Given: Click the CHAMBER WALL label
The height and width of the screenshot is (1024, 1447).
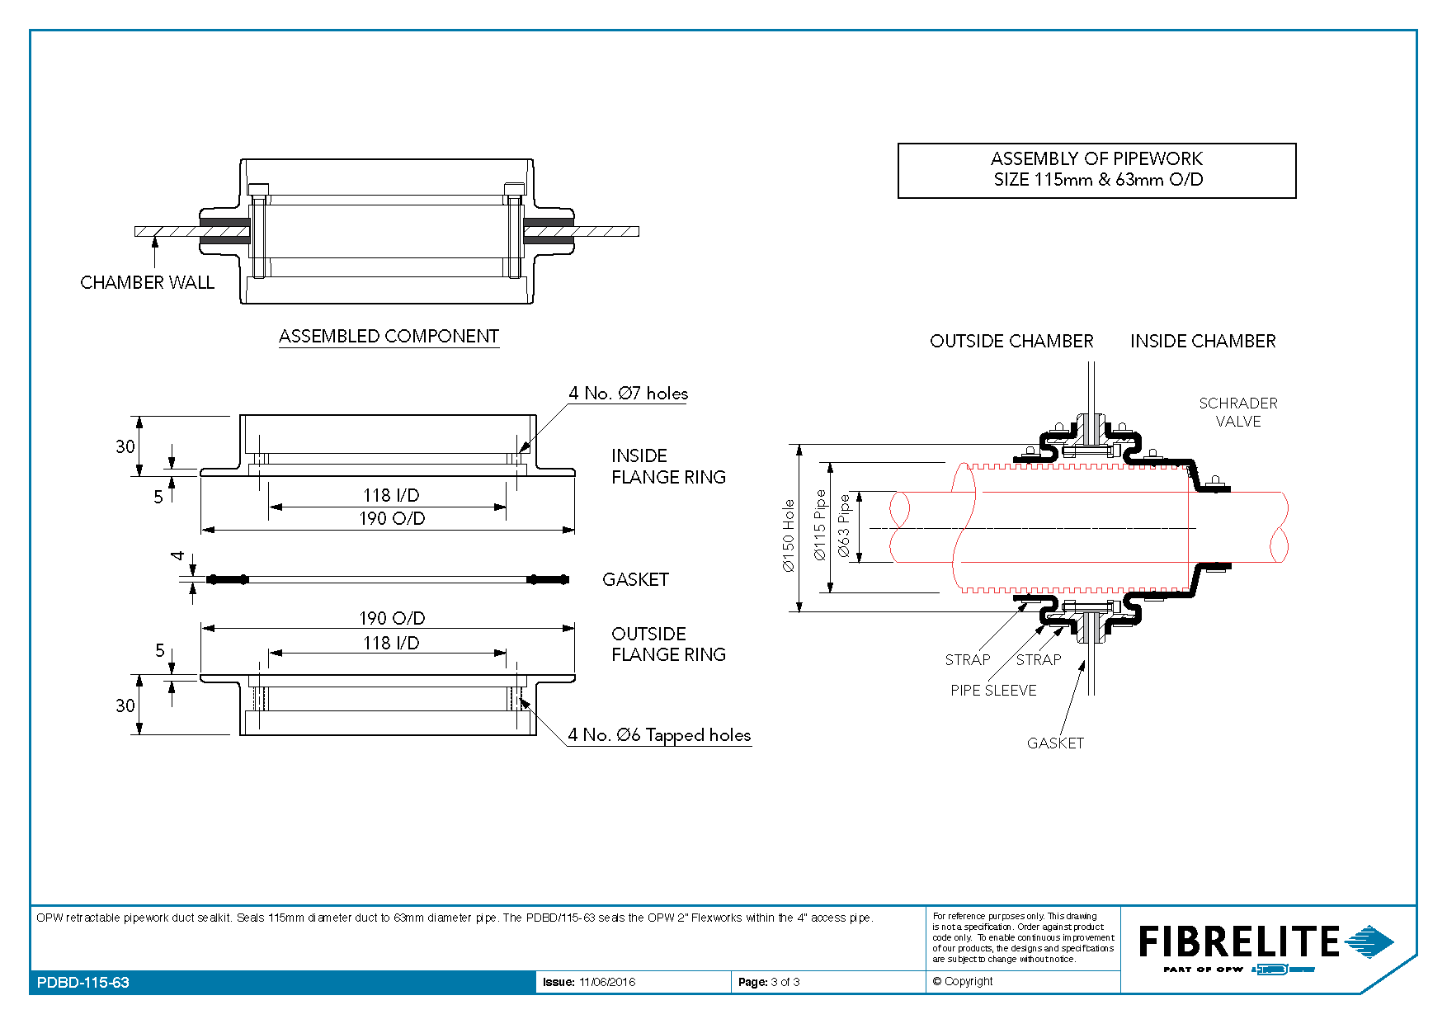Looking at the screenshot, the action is [147, 282].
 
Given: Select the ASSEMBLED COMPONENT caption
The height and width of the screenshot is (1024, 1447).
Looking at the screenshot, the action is [389, 336].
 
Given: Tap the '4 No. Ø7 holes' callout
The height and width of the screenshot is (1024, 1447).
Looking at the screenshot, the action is [628, 394].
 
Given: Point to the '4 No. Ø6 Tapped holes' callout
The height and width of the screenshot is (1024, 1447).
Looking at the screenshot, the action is [659, 735].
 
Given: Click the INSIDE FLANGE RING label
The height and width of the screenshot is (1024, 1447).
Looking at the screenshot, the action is [668, 466].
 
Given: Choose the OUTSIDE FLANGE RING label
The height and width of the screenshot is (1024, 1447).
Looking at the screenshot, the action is [668, 644].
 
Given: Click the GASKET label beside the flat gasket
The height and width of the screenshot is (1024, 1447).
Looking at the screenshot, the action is [635, 579].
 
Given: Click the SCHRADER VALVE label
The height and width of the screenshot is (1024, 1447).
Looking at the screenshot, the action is [1238, 412].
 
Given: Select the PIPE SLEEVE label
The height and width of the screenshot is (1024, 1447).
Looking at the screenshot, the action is [993, 691].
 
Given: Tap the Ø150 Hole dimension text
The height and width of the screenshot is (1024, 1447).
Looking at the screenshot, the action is [789, 536].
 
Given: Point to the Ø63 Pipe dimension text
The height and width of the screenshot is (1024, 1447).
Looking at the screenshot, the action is [844, 526].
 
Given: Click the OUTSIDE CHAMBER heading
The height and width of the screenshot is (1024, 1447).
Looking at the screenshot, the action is [1011, 341].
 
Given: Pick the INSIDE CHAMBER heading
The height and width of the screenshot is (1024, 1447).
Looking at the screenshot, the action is [1203, 341].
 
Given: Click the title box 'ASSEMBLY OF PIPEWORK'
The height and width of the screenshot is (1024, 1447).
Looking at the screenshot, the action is [1097, 171].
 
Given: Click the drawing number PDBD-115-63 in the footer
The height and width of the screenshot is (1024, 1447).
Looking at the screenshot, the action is [83, 983].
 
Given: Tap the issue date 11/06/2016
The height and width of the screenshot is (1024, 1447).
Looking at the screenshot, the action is [607, 982].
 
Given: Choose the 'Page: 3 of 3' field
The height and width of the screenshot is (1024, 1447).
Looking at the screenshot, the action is [769, 982].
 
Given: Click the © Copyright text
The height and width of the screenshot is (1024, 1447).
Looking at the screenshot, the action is [963, 981].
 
